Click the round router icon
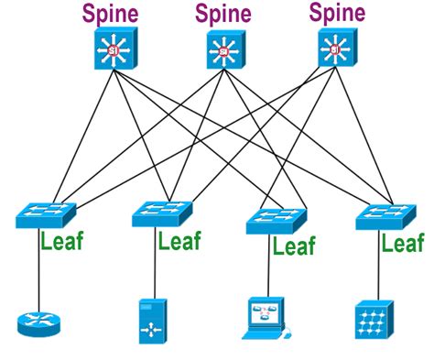click(36, 322)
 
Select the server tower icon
click(152, 321)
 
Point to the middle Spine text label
click(223, 14)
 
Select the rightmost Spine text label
click(336, 13)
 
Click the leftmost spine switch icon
click(114, 49)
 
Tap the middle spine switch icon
click(223, 50)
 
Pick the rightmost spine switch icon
click(338, 48)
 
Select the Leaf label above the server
click(179, 241)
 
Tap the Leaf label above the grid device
click(403, 243)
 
